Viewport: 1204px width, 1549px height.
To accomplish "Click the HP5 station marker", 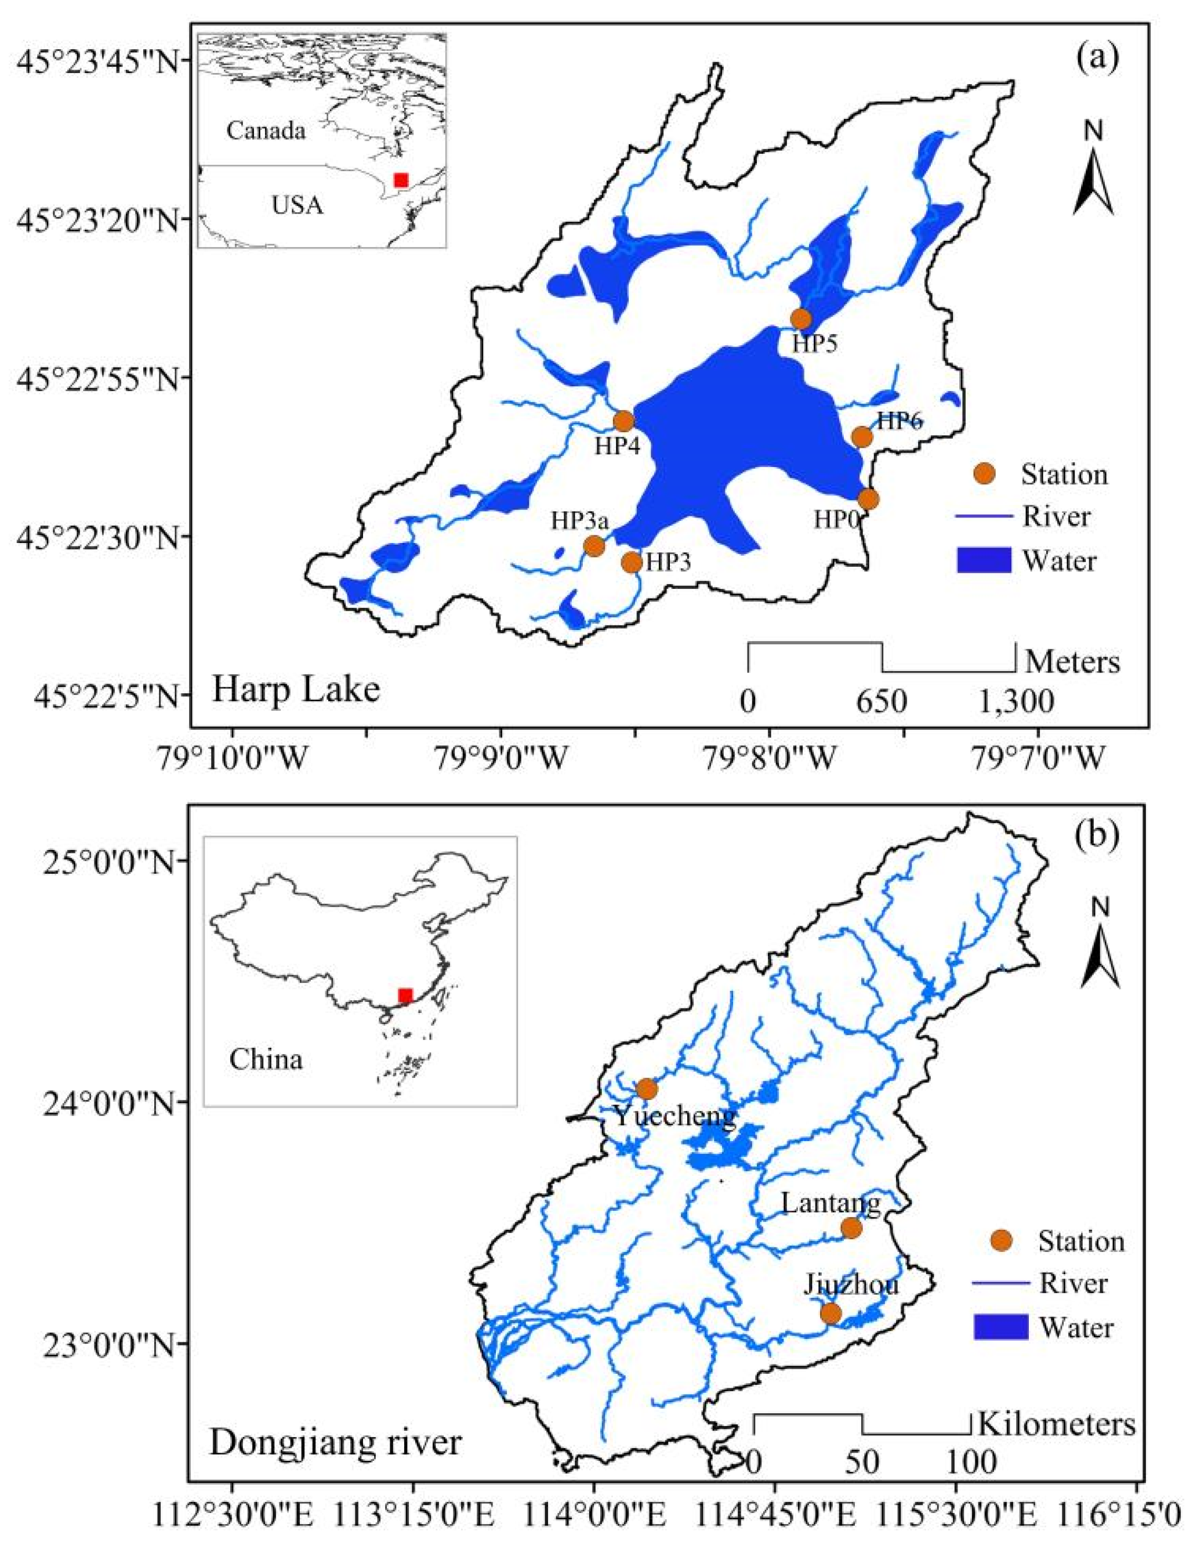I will point(800,319).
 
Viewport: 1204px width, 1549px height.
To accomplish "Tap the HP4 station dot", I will point(623,421).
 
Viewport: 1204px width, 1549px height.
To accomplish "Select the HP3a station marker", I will point(594,545).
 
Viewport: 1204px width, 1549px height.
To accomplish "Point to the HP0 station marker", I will point(868,500).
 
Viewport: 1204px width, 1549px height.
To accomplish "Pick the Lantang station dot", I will point(851,1228).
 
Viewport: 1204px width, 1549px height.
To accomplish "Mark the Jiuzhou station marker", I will point(831,1313).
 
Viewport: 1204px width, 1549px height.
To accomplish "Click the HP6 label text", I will point(899,421).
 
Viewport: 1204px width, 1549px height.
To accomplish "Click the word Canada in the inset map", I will point(266,131).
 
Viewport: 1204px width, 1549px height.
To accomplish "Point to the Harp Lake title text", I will point(296,689).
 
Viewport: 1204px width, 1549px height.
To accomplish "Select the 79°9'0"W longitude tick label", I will point(502,759).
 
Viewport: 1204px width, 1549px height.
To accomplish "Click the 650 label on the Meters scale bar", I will point(882,702).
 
